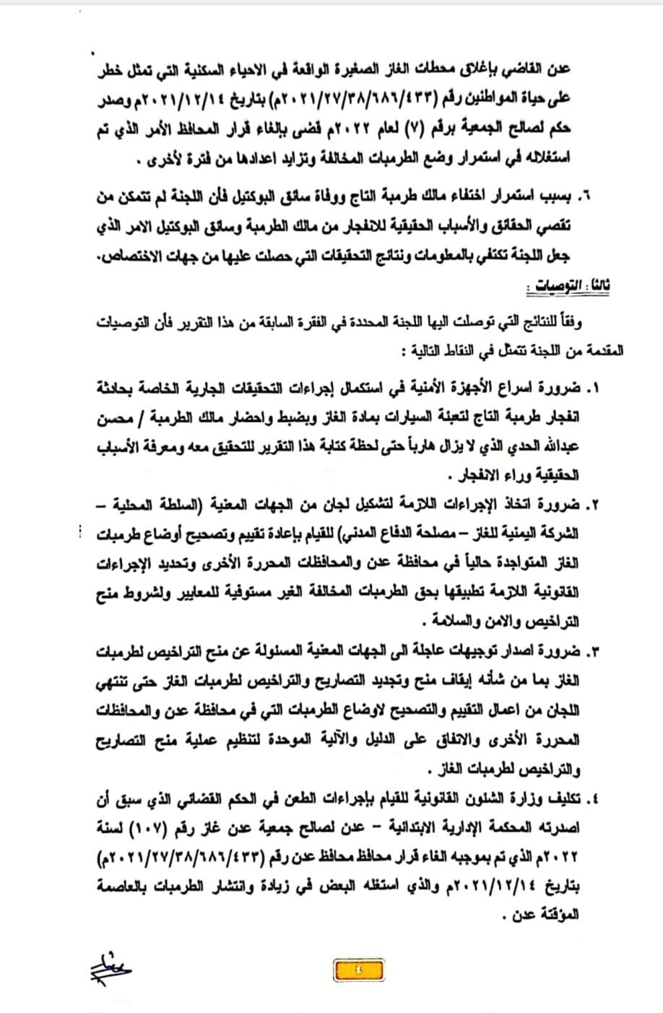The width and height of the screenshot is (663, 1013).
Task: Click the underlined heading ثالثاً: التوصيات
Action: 568,287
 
